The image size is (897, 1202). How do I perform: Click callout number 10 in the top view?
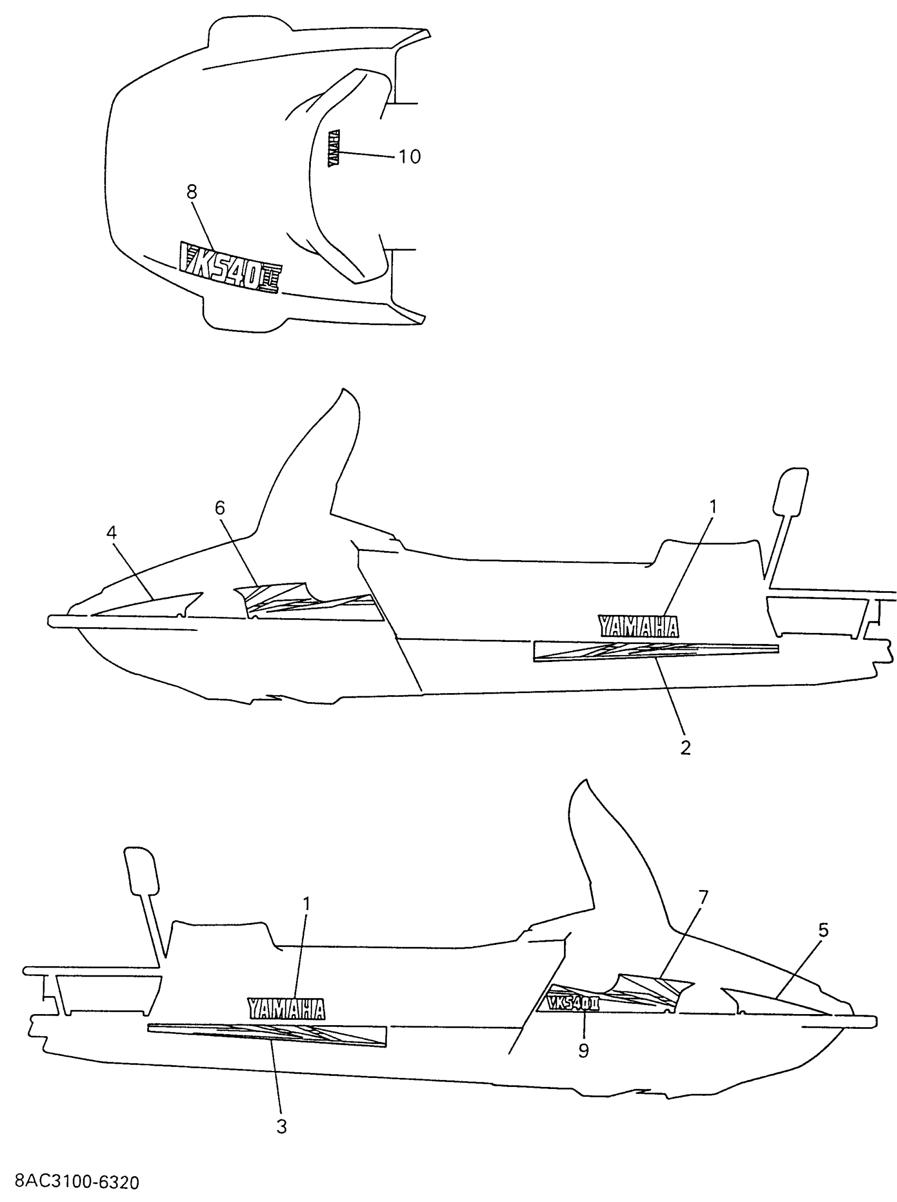click(x=409, y=156)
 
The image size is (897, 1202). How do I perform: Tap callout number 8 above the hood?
click(x=192, y=192)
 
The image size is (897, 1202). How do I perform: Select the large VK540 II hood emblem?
click(x=230, y=268)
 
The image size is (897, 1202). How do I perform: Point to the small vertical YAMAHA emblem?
click(x=334, y=147)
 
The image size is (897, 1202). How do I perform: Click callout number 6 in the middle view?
click(x=220, y=508)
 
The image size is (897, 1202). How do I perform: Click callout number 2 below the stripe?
click(x=685, y=747)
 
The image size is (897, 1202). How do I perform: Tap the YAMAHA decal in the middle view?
click(x=638, y=626)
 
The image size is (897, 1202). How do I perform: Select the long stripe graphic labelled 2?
click(x=655, y=651)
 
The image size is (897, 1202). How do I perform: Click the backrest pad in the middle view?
click(x=791, y=493)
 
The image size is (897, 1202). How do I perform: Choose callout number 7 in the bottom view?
click(x=703, y=898)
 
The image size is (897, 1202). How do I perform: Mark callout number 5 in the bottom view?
click(x=823, y=931)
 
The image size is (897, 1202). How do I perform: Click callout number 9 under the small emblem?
click(x=583, y=1050)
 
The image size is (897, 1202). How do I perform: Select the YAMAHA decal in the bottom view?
click(x=287, y=1009)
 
